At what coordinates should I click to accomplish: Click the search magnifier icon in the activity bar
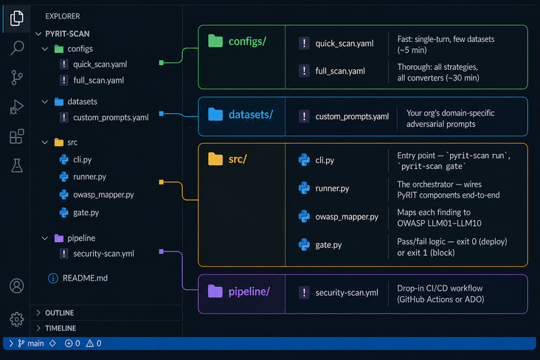coord(16,49)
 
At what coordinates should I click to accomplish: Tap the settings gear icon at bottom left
coord(16,319)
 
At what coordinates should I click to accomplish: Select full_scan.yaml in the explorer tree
coord(98,80)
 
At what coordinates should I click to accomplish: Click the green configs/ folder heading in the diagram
coord(246,41)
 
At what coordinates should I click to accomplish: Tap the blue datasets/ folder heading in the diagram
coord(250,114)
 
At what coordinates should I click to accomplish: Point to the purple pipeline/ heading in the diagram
coord(248,291)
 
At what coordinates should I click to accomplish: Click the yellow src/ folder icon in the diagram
coord(215,159)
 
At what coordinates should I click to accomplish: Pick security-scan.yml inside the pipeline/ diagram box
coord(347,293)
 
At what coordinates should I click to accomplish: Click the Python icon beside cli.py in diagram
coord(304,160)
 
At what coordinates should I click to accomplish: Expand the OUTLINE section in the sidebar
coord(59,313)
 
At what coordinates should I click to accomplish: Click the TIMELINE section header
coord(60,328)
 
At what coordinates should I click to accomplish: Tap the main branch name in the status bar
coord(35,344)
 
